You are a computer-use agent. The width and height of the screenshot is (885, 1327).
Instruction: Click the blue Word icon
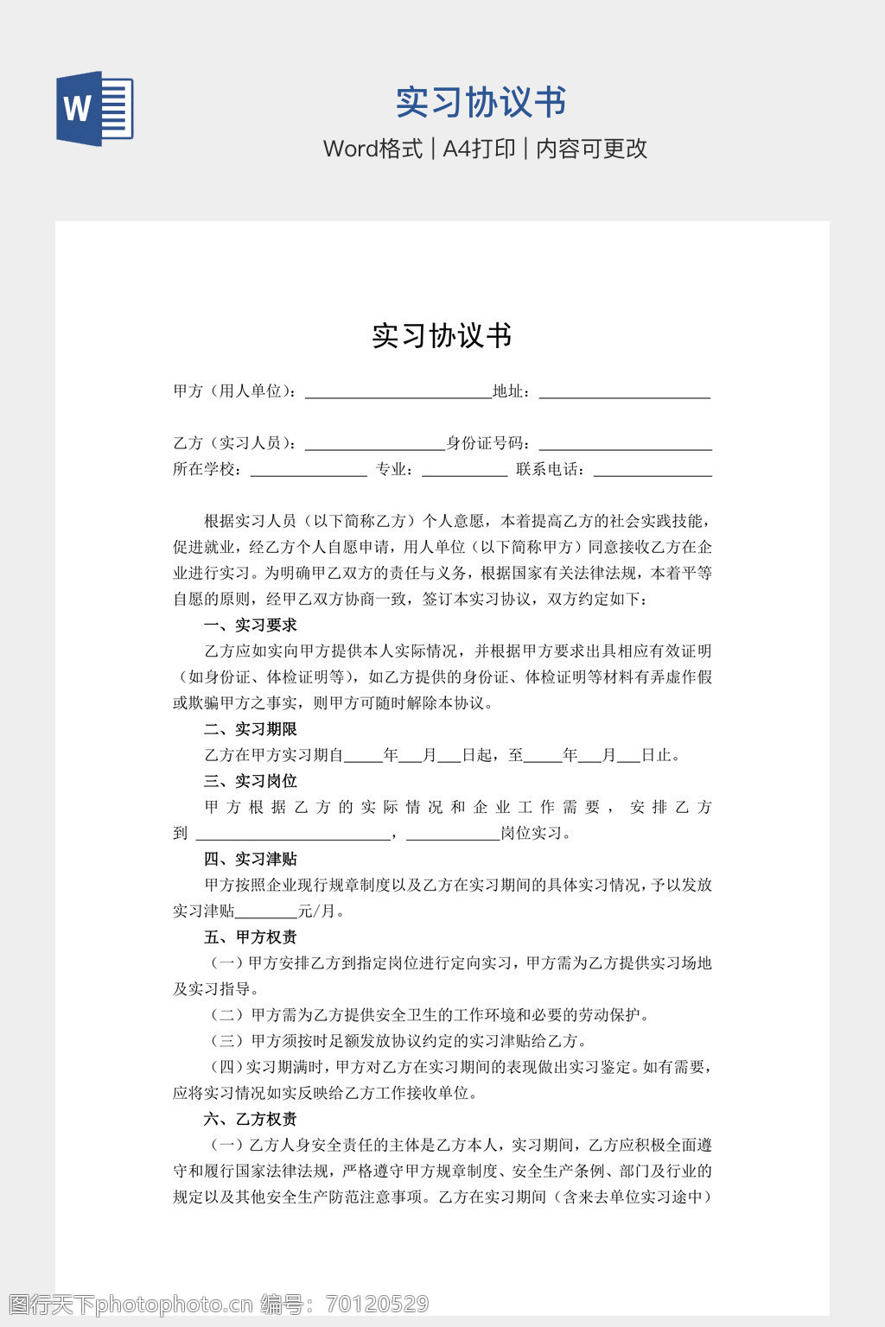pos(95,109)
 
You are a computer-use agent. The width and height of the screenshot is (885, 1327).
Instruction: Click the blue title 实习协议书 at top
pos(481,102)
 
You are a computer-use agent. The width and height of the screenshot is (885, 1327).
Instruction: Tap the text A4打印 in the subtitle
pos(479,149)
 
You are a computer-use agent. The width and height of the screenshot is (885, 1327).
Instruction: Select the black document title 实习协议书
pos(442,335)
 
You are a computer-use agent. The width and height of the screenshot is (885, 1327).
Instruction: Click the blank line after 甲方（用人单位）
pos(398,392)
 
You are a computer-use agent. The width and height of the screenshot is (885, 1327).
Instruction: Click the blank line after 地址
pos(624,392)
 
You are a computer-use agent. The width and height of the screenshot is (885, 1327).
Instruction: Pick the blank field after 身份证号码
pos(625,444)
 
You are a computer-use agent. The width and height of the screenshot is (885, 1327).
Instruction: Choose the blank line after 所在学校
pos(309,470)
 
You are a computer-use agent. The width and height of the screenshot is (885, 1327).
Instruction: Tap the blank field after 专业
pos(464,470)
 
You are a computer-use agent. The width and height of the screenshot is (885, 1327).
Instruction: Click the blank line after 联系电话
pos(653,470)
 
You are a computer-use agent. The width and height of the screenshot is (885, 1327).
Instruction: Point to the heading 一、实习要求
pos(250,625)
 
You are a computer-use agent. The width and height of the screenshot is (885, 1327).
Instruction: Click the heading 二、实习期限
pos(250,729)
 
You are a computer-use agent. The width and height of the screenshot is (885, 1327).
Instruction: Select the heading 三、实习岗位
pos(250,781)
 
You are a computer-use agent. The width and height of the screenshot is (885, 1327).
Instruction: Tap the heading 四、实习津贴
pos(250,859)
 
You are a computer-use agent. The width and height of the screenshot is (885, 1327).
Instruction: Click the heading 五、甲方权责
pos(250,937)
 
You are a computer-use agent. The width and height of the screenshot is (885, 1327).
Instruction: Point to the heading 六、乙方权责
pos(250,1119)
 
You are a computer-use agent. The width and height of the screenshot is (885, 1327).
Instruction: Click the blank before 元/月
pos(266,912)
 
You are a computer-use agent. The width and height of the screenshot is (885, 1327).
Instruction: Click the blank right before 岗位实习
pos(453,835)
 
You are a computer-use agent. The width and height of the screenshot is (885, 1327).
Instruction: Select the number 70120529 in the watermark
pos(377,1304)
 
